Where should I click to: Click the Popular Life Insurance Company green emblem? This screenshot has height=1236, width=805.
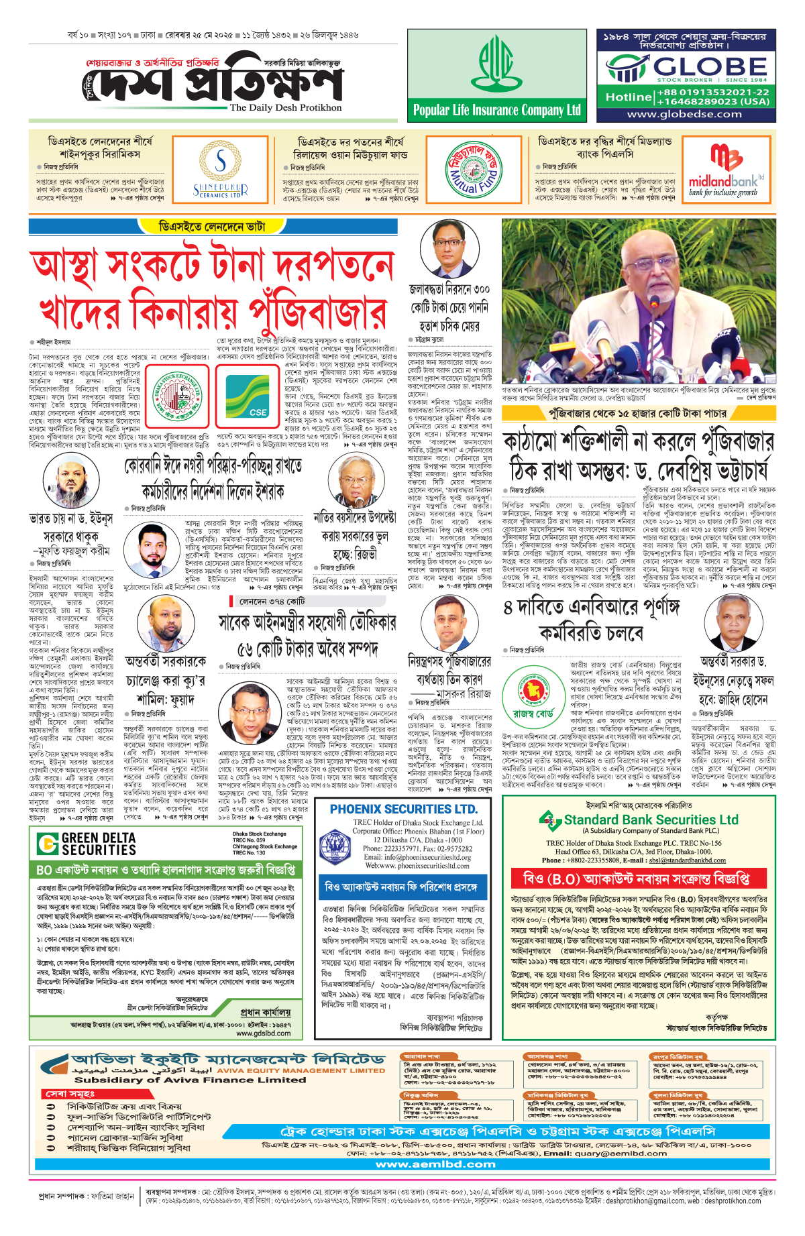(x=496, y=64)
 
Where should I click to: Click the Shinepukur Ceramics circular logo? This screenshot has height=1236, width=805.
(x=221, y=170)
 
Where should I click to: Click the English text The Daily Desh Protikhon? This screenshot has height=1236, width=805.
(x=285, y=107)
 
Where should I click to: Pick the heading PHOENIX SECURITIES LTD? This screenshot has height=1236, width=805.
(x=403, y=809)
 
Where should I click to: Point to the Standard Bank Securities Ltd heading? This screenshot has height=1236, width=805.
(x=650, y=820)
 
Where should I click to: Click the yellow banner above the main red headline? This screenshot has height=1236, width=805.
(x=212, y=227)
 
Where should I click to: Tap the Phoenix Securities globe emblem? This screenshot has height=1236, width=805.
(x=333, y=847)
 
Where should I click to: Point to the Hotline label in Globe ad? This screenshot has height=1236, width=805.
(x=628, y=97)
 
